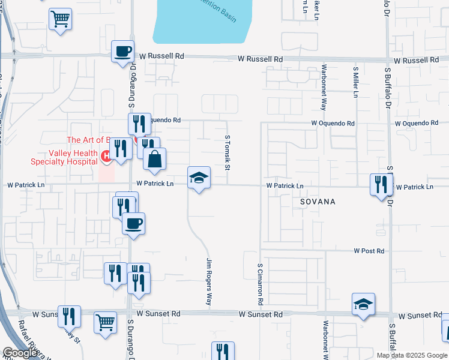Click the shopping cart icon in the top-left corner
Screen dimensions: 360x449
(x=60, y=19)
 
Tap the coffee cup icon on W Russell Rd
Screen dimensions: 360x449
(x=123, y=51)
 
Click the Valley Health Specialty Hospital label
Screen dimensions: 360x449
(x=64, y=157)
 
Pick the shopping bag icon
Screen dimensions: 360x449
(x=155, y=160)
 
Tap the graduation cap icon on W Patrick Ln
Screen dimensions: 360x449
(x=199, y=178)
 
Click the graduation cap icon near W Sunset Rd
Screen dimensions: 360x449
(x=363, y=305)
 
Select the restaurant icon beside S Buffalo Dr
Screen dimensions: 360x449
(x=381, y=185)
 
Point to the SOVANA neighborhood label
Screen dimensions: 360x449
(x=318, y=202)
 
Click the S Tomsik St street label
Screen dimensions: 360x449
(x=228, y=151)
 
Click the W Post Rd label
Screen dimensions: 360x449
(x=369, y=251)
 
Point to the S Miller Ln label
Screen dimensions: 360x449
(x=355, y=82)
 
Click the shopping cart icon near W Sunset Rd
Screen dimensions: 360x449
(x=105, y=322)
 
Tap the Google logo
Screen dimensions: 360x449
(x=20, y=353)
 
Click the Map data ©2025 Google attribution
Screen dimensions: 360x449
(x=411, y=355)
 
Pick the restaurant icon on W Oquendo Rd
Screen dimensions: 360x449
(x=139, y=124)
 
